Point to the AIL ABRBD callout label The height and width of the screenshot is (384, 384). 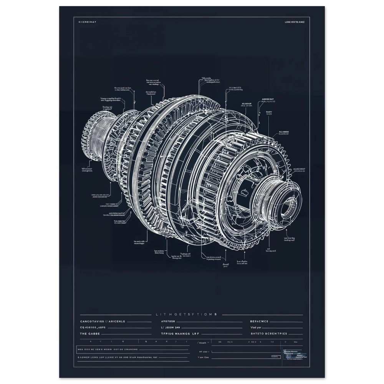[284, 133]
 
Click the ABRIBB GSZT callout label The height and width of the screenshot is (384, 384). [268, 99]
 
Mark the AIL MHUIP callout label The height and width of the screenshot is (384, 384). [248, 104]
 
